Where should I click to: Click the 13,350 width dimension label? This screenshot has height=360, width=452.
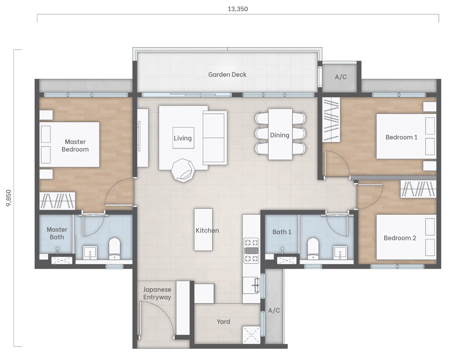[x=238, y=9]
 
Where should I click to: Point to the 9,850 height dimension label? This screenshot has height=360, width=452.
[x=9, y=198]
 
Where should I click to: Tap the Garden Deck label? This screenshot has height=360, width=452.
[x=227, y=75]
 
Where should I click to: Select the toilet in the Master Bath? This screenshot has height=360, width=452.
[x=114, y=249]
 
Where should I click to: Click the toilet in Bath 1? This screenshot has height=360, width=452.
[x=313, y=249]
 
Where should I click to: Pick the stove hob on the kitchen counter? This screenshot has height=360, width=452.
[x=251, y=250]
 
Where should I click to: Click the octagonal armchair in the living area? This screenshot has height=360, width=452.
[x=183, y=171]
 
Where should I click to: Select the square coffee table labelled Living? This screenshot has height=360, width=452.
[x=183, y=138]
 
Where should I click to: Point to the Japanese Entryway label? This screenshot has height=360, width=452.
[x=157, y=293]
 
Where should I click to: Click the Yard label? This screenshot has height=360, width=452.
[x=223, y=322]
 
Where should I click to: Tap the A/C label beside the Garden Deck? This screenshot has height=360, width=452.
[x=340, y=77]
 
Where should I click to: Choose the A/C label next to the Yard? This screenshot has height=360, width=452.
[x=274, y=310]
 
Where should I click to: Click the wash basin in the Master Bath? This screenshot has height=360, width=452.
[x=90, y=253]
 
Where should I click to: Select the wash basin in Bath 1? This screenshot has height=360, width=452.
[x=340, y=253]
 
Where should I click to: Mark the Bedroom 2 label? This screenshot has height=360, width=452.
[x=400, y=238]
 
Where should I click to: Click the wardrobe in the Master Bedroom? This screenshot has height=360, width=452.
[x=57, y=201]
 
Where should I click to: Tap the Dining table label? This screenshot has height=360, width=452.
[x=280, y=135]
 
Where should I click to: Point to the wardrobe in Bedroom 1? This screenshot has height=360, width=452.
[x=331, y=120]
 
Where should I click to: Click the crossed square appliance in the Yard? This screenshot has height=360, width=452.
[x=252, y=335]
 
